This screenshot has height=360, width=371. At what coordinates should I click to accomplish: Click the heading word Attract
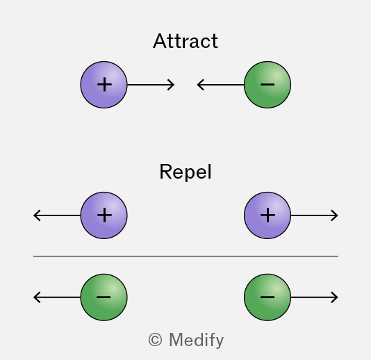[x=185, y=41]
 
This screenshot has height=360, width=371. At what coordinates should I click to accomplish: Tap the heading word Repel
[x=185, y=172]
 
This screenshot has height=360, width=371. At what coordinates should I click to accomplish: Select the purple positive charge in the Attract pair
[x=104, y=85]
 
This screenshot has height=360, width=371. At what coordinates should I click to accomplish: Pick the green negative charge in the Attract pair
[x=267, y=85]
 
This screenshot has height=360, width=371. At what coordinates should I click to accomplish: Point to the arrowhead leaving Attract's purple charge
[x=171, y=85]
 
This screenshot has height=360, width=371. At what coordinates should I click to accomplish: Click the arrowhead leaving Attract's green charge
[x=200, y=85]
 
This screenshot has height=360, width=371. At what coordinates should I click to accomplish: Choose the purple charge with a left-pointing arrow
[x=104, y=215]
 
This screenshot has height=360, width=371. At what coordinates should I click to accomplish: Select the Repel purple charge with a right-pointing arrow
[x=267, y=215]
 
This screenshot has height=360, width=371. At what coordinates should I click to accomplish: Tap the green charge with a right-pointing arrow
[x=267, y=297]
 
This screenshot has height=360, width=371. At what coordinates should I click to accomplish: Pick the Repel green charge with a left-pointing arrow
[x=104, y=297]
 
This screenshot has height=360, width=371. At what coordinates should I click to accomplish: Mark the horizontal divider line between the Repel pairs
[x=185, y=256]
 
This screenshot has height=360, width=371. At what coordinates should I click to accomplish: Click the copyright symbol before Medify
[x=155, y=340]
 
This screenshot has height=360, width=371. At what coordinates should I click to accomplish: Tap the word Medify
[x=196, y=341]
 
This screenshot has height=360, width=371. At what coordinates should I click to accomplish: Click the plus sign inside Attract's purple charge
[x=104, y=85]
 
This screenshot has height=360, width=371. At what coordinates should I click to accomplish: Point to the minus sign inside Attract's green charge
[x=267, y=84]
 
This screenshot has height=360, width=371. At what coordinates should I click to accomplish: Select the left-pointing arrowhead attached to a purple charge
[x=37, y=215]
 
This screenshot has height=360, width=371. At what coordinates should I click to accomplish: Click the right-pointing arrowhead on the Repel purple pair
[x=335, y=215]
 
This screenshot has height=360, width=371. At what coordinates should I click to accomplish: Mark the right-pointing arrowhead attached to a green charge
[x=335, y=297]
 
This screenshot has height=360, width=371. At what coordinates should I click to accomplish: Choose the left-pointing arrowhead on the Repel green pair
[x=37, y=297]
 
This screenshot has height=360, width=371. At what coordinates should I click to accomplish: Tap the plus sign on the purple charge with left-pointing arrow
[x=104, y=215]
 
